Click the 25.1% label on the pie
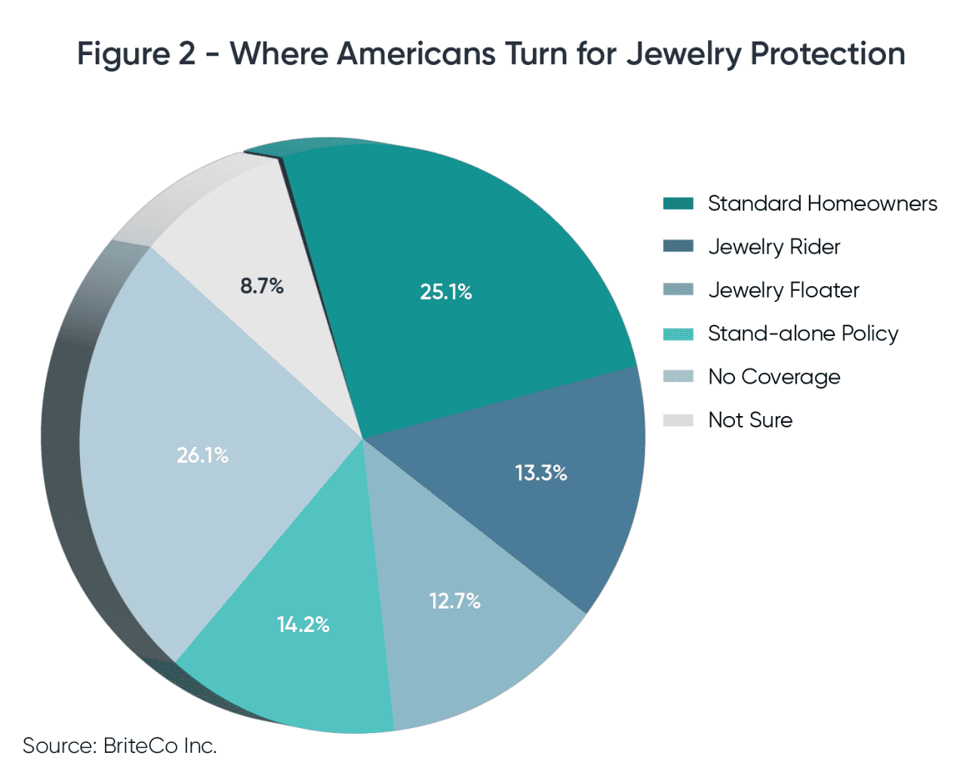pos(446,292)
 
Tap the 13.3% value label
pos(540,473)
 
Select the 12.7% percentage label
pos(454,601)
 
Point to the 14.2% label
pos(303,624)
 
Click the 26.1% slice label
pos(202,455)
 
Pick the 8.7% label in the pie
pos(262,286)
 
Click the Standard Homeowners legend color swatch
pos(678,204)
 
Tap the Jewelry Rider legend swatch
pos(678,247)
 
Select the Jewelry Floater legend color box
pos(678,290)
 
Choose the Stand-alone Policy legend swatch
pos(678,334)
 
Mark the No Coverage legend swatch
pos(678,377)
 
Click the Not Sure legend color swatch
pos(678,421)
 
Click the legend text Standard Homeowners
pos(822,204)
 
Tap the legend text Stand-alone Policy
pos(803,334)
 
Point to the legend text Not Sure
pos(750,421)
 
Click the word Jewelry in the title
pos(684,54)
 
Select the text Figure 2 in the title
pos(136,54)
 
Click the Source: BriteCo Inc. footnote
pos(120,746)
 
